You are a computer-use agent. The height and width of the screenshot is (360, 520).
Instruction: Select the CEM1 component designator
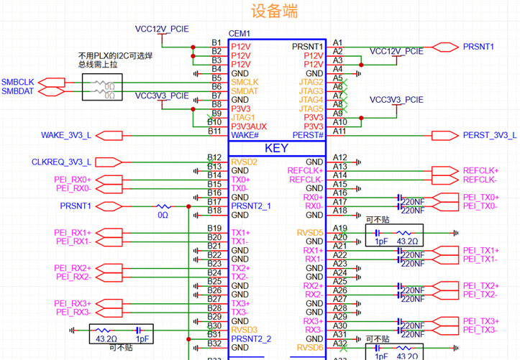tap(239, 34)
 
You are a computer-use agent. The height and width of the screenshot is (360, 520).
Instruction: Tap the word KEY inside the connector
tap(277, 148)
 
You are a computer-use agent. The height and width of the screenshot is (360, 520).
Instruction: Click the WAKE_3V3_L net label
tap(67, 135)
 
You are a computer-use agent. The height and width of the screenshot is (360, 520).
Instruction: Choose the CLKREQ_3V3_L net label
tap(62, 162)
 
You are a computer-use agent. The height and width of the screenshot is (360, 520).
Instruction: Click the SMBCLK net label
tap(16, 83)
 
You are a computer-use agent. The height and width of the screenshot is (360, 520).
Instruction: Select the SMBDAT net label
tap(16, 91)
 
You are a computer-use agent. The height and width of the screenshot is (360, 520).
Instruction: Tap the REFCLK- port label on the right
tap(479, 180)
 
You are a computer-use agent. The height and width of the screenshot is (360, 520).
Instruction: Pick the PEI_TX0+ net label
tap(480, 197)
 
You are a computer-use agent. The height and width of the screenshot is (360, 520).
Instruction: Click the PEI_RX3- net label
tap(73, 313)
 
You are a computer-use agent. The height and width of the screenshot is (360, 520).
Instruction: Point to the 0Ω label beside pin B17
tap(163, 215)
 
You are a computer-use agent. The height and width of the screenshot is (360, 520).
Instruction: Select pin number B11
tap(214, 131)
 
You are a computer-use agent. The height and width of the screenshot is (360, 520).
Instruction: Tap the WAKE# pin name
tap(245, 135)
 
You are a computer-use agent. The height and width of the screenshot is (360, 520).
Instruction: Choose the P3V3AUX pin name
tap(249, 126)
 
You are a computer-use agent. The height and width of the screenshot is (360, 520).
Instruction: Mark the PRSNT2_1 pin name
tap(251, 206)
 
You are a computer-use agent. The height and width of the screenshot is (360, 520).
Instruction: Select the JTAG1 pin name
tap(243, 117)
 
